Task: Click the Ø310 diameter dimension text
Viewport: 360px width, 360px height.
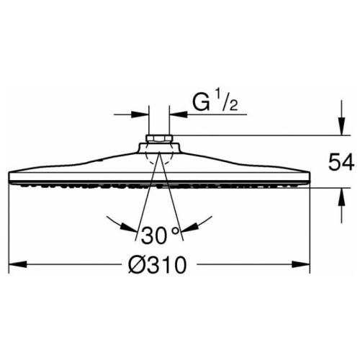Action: click(x=157, y=265)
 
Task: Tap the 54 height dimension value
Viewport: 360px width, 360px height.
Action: click(x=341, y=163)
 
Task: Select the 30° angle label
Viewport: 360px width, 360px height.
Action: click(x=160, y=235)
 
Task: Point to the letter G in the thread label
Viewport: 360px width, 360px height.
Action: click(x=201, y=104)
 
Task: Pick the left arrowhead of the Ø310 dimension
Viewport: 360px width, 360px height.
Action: click(x=17, y=265)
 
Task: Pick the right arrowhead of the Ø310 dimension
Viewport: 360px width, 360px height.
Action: click(x=301, y=265)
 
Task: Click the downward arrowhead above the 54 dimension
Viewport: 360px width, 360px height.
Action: click(x=342, y=126)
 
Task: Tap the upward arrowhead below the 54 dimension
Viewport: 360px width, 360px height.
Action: click(x=342, y=197)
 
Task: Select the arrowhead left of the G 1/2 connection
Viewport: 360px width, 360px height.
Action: click(x=140, y=114)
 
